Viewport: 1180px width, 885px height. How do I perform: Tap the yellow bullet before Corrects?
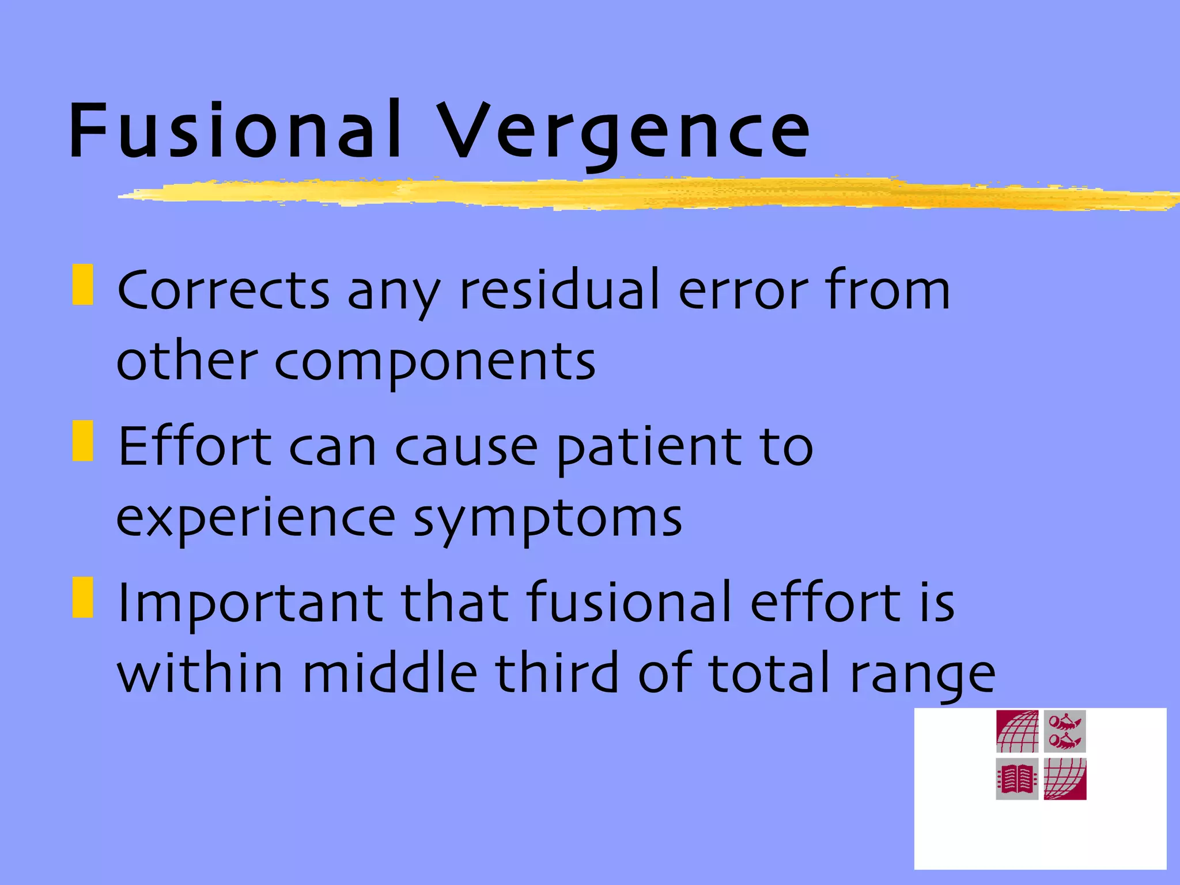click(83, 284)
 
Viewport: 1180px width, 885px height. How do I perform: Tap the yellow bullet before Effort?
click(83, 441)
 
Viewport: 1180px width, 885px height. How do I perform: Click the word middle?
click(390, 673)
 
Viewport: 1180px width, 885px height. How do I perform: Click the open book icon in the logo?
click(1017, 779)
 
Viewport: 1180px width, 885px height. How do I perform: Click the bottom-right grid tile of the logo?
click(1065, 779)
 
